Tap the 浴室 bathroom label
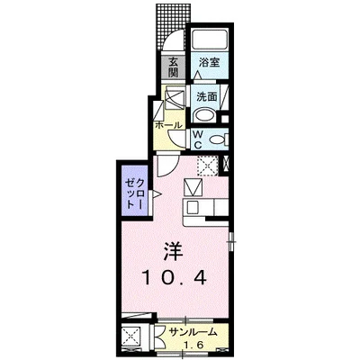210,65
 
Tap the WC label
198,137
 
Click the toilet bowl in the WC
219,138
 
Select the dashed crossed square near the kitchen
208,165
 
